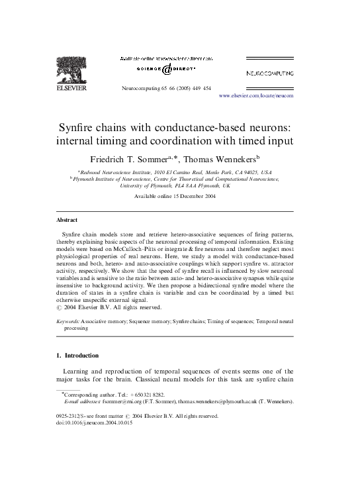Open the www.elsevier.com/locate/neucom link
[255, 95]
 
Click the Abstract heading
[66, 220]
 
